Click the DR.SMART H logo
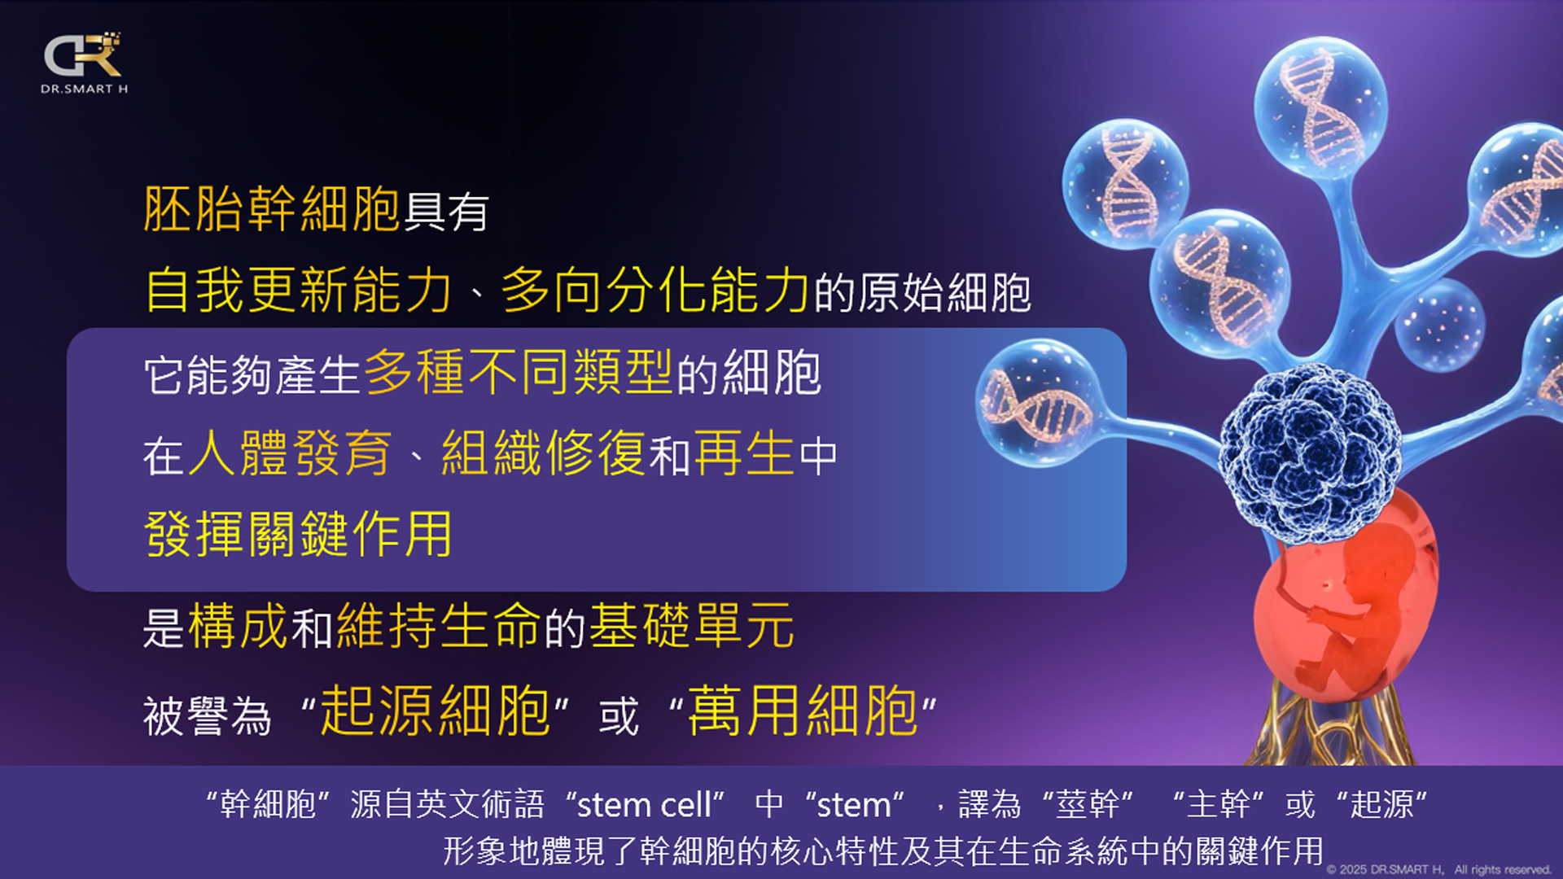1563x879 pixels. [84, 63]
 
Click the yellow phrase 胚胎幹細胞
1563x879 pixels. [272, 209]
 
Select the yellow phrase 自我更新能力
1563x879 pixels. [298, 291]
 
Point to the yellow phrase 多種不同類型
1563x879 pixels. [519, 373]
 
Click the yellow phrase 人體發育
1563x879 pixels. [290, 453]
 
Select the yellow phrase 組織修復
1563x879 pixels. [544, 453]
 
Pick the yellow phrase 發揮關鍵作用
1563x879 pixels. [298, 534]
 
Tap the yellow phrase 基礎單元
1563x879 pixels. [692, 626]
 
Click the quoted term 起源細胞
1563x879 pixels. [436, 711]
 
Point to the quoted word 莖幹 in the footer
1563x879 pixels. [1088, 804]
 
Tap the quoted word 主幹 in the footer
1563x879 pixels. [1218, 804]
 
